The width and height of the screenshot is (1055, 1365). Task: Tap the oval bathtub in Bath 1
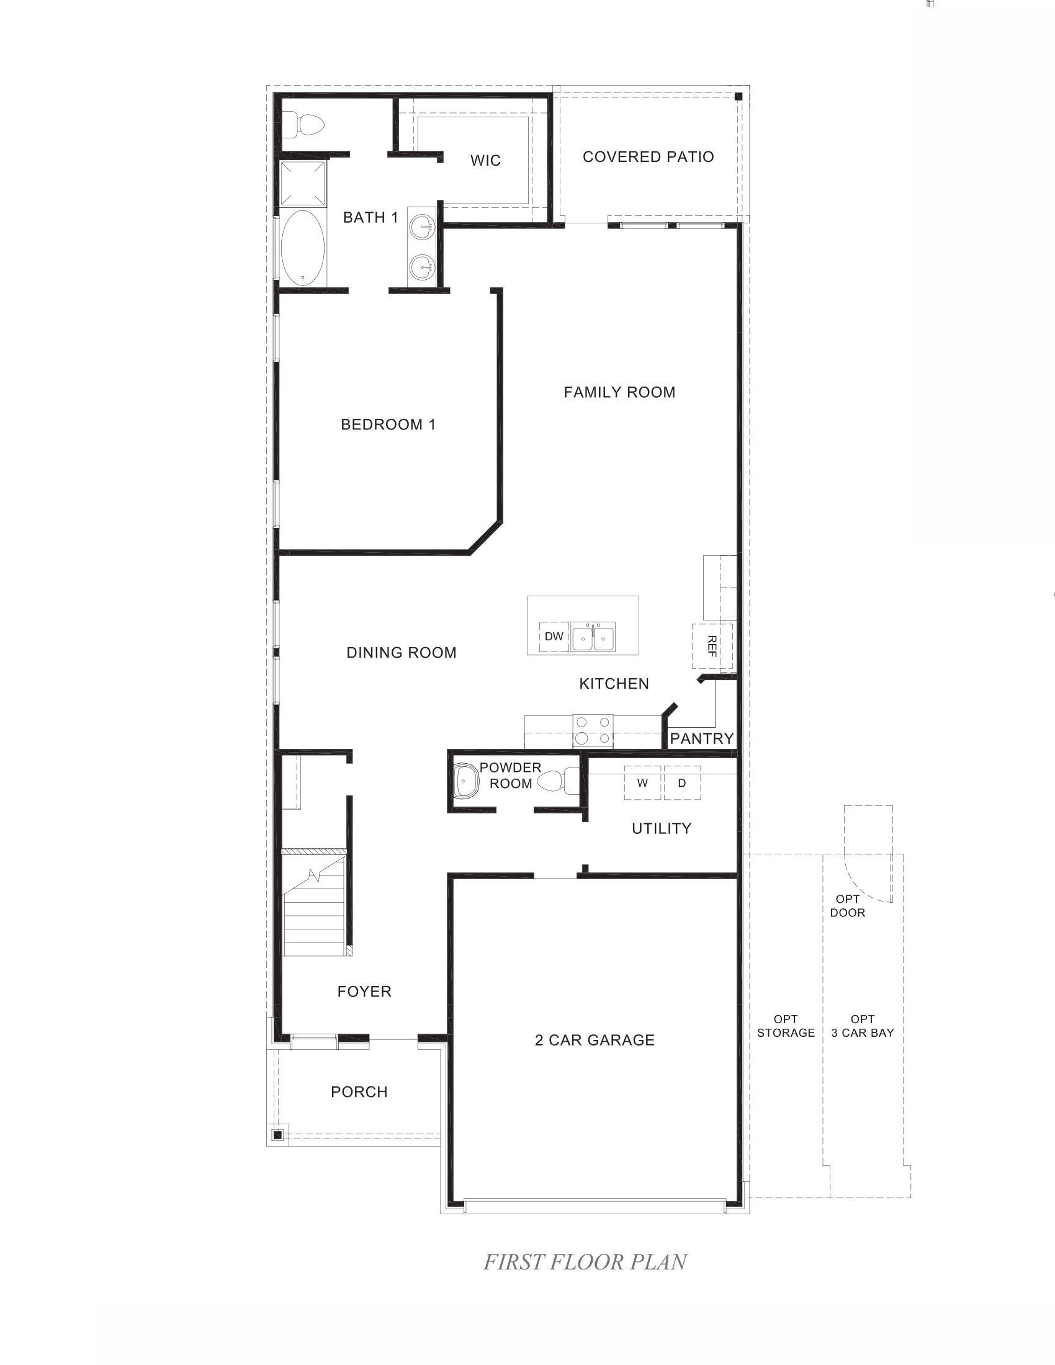[x=302, y=249]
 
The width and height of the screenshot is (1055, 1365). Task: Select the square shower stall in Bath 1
[x=303, y=183]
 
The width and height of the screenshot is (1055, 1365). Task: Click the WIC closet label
[x=486, y=161]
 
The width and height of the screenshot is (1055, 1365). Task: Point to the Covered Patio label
[x=648, y=157]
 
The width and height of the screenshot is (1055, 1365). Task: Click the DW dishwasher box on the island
[x=554, y=637]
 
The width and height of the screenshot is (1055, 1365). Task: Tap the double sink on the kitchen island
[x=593, y=637]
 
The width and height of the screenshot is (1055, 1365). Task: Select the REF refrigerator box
[x=712, y=647]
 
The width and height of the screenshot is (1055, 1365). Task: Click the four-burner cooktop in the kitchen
[x=593, y=730]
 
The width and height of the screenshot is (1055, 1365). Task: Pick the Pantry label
[x=701, y=739]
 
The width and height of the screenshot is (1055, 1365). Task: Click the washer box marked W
[x=642, y=783]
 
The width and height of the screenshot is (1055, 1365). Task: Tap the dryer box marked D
[x=682, y=783]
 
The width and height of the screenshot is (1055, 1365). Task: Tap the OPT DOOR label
[x=848, y=906]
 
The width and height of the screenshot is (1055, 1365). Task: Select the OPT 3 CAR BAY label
[x=863, y=1026]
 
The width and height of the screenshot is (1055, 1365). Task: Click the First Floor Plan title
[x=585, y=1262]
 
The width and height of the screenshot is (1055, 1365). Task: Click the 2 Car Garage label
[x=595, y=1040]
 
